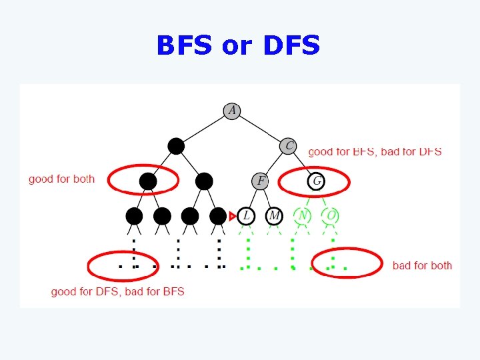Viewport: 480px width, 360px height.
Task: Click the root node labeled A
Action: click(232, 111)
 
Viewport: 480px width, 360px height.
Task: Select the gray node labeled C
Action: click(288, 145)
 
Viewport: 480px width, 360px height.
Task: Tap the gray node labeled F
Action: click(260, 180)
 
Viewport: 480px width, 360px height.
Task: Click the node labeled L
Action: click(246, 215)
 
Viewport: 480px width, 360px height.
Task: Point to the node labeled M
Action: click(274, 215)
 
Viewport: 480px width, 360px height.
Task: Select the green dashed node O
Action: click(330, 215)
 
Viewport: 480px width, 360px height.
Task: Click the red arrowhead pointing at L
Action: click(233, 215)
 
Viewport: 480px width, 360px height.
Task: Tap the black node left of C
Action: click(176, 145)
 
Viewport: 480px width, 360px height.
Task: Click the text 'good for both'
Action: click(61, 179)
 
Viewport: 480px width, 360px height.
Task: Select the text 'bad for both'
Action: click(422, 265)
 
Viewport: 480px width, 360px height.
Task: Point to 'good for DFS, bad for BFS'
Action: click(117, 291)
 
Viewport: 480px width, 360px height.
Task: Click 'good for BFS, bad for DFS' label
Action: click(375, 151)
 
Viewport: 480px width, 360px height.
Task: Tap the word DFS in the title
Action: click(292, 45)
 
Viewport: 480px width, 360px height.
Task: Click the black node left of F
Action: click(204, 180)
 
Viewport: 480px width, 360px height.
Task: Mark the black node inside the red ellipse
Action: click(148, 180)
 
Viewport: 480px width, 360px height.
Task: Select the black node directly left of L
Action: click(218, 215)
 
